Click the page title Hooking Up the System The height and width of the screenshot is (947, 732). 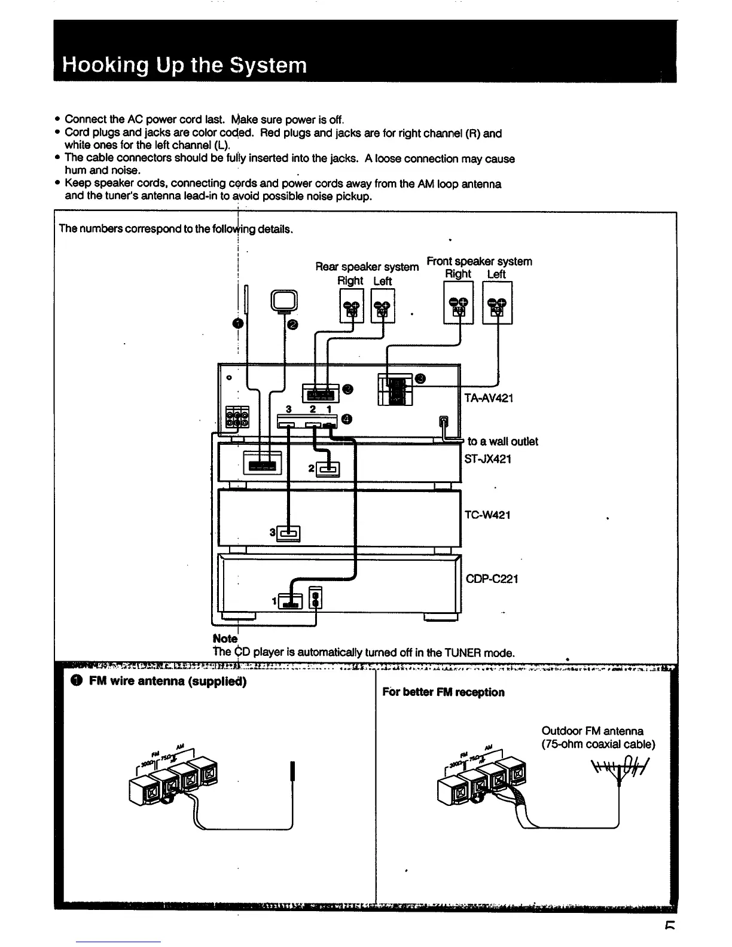coord(184,65)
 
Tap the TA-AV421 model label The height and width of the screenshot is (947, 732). coord(489,398)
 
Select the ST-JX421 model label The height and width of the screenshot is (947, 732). coord(488,459)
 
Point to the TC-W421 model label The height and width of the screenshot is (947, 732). coord(487,515)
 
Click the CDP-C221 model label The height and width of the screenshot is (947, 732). coord(492,579)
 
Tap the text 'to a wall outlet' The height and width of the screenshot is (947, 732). coord(502,441)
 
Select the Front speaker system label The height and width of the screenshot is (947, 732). coord(479,261)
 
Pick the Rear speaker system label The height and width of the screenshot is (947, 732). coord(367,267)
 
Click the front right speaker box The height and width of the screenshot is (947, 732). coord(459,303)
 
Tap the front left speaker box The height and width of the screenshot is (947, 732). coord(497,303)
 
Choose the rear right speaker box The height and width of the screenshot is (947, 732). coord(351,306)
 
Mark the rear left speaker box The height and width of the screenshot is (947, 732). coord(383,306)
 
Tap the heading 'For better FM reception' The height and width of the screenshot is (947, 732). coord(443,692)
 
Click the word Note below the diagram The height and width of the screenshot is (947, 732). coord(225,639)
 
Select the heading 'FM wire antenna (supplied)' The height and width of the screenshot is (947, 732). coord(167,681)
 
